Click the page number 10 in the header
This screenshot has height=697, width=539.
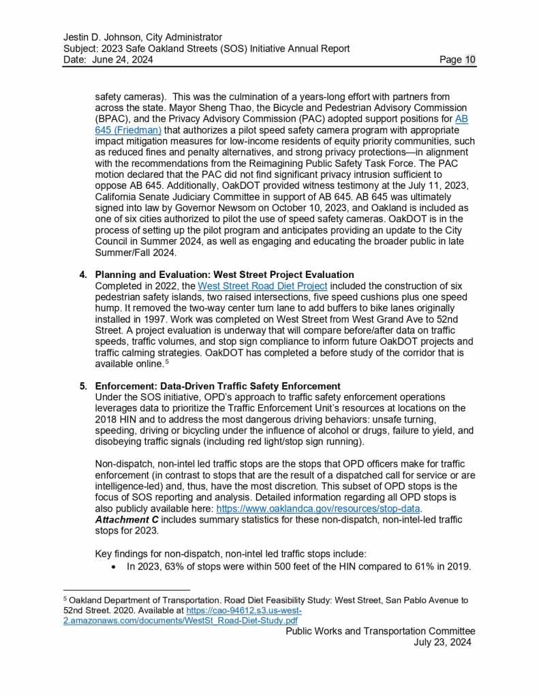470,60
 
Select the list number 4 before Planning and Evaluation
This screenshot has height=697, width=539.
83,275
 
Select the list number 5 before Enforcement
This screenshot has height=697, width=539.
83,386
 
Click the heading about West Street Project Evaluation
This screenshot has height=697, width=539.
224,275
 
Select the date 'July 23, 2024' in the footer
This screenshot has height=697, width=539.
444,642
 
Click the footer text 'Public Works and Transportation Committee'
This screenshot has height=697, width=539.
380,631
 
